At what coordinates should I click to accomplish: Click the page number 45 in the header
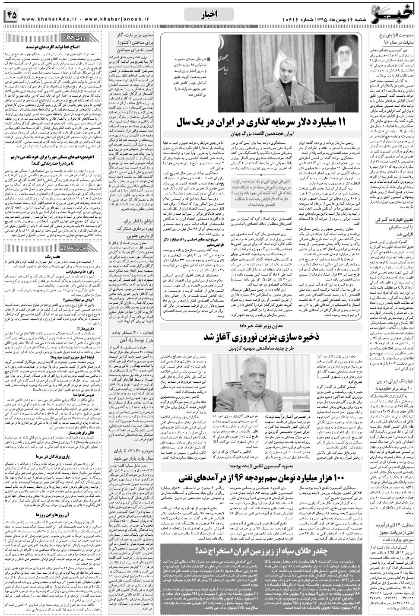(x=11, y=15)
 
